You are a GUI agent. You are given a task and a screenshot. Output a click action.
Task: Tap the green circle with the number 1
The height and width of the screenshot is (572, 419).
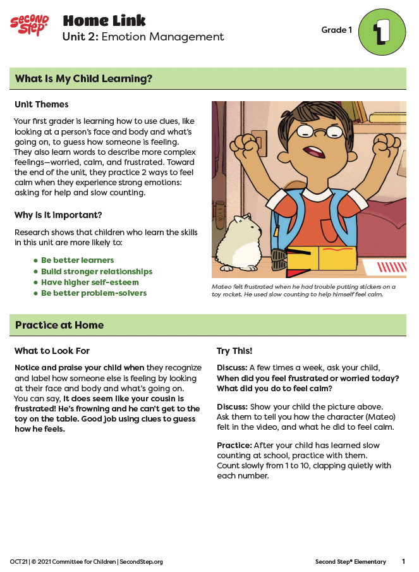(x=382, y=32)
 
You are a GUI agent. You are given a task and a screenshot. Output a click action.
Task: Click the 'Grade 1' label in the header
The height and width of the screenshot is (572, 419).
(x=336, y=30)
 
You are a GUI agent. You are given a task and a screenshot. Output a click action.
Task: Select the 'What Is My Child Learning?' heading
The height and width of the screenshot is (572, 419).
(x=84, y=79)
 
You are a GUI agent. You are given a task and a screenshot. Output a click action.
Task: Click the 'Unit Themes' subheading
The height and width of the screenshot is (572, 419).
(x=42, y=104)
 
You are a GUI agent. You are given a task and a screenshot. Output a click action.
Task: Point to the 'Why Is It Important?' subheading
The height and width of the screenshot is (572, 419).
(x=58, y=215)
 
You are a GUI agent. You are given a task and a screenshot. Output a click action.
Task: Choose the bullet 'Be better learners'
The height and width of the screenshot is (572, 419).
(x=77, y=260)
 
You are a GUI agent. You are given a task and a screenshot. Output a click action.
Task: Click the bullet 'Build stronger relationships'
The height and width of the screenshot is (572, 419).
(x=96, y=271)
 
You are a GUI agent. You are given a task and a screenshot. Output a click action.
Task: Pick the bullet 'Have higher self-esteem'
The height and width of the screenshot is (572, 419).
(x=89, y=282)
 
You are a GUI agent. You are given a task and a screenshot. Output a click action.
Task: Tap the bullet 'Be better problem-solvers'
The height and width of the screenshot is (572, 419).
(x=94, y=293)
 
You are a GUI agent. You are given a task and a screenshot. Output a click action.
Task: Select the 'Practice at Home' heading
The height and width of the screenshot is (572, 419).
(x=59, y=325)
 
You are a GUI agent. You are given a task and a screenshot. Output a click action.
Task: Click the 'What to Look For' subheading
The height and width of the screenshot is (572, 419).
(x=52, y=351)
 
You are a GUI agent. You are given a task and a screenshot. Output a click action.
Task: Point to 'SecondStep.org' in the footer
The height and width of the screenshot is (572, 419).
(x=141, y=561)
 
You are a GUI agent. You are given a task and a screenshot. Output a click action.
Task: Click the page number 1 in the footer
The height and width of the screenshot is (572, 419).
(x=403, y=561)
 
